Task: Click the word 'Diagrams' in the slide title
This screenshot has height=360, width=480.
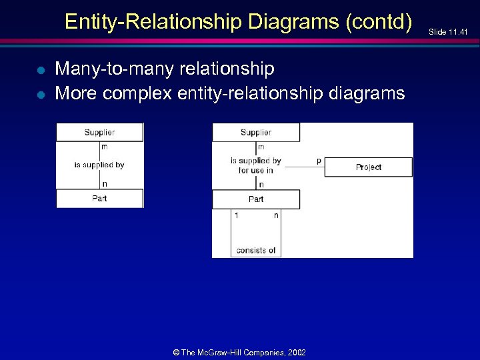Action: (x=296, y=22)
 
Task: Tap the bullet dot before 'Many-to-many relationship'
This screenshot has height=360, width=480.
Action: (x=41, y=70)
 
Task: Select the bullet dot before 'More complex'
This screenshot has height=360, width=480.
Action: (x=41, y=94)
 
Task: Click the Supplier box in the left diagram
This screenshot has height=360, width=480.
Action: (x=99, y=132)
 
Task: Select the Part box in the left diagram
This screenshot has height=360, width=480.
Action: (x=99, y=199)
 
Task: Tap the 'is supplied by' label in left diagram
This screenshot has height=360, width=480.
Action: (x=99, y=165)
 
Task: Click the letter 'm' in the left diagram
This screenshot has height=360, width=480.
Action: (x=105, y=147)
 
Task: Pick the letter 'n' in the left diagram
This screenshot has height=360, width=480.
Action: (x=105, y=184)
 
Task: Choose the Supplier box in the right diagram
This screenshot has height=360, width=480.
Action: (x=256, y=132)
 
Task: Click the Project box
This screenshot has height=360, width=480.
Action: (x=368, y=167)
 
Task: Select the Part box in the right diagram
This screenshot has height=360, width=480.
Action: (x=256, y=199)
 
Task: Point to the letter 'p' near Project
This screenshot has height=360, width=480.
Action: (x=319, y=161)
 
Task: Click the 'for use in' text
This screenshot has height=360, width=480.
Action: (x=256, y=171)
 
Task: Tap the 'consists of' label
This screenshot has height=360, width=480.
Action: (x=256, y=251)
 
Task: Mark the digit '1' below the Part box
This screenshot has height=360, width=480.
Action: (x=236, y=215)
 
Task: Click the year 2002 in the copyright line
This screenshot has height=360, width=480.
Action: (x=295, y=351)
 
